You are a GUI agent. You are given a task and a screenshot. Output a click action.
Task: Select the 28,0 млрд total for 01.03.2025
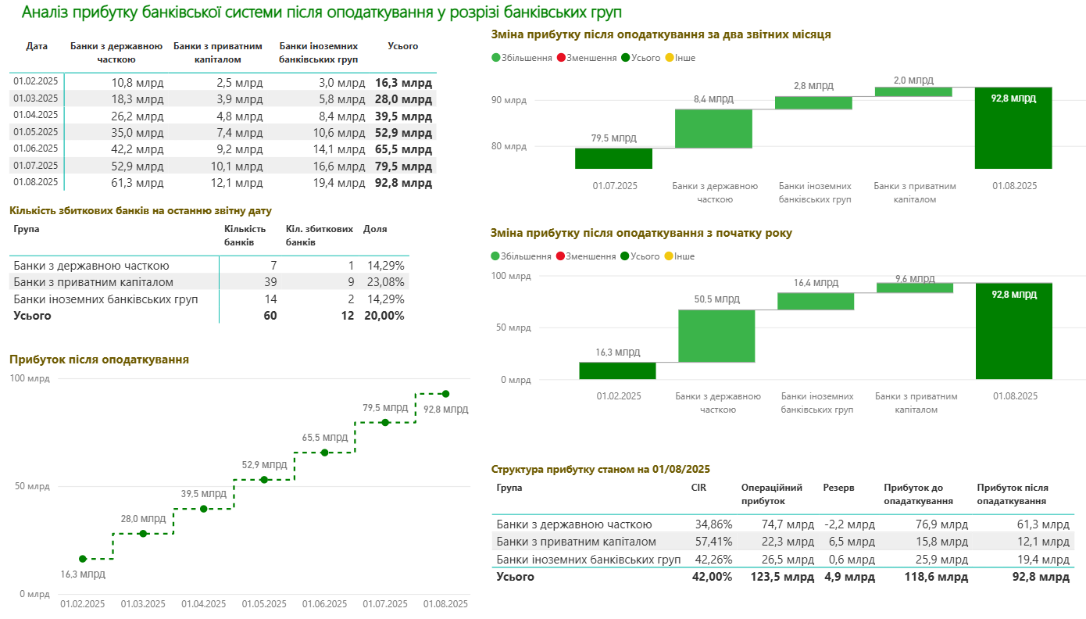pyautogui.click(x=403, y=99)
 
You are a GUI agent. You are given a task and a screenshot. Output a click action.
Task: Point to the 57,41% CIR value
pyautogui.click(x=712, y=542)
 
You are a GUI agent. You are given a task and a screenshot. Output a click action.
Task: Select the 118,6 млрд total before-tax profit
pyautogui.click(x=937, y=577)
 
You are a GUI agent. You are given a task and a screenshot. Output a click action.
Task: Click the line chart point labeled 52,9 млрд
pyautogui.click(x=264, y=479)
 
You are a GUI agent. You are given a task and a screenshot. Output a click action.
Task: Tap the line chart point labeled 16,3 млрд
pyautogui.click(x=83, y=559)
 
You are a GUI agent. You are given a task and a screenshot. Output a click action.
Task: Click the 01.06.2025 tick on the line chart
pyautogui.click(x=324, y=604)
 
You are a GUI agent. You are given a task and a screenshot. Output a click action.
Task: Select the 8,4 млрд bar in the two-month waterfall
pyautogui.click(x=713, y=128)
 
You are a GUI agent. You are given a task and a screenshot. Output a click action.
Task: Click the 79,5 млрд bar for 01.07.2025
pyautogui.click(x=613, y=158)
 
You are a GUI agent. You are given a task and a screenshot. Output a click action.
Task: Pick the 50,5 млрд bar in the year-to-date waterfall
pyautogui.click(x=716, y=336)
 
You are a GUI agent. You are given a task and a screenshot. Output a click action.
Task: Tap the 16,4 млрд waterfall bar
pyautogui.click(x=816, y=301)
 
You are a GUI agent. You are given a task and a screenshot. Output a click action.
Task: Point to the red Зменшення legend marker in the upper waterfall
pyautogui.click(x=561, y=58)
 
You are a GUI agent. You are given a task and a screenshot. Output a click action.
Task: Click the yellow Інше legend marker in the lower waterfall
pyautogui.click(x=670, y=256)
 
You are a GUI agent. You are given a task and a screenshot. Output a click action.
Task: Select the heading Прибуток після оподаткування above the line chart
pyautogui.click(x=99, y=360)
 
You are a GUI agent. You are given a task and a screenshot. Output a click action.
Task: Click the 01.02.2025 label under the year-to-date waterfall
pyautogui.click(x=619, y=396)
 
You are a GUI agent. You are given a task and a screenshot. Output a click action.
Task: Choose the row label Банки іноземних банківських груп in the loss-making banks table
pyautogui.click(x=105, y=299)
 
